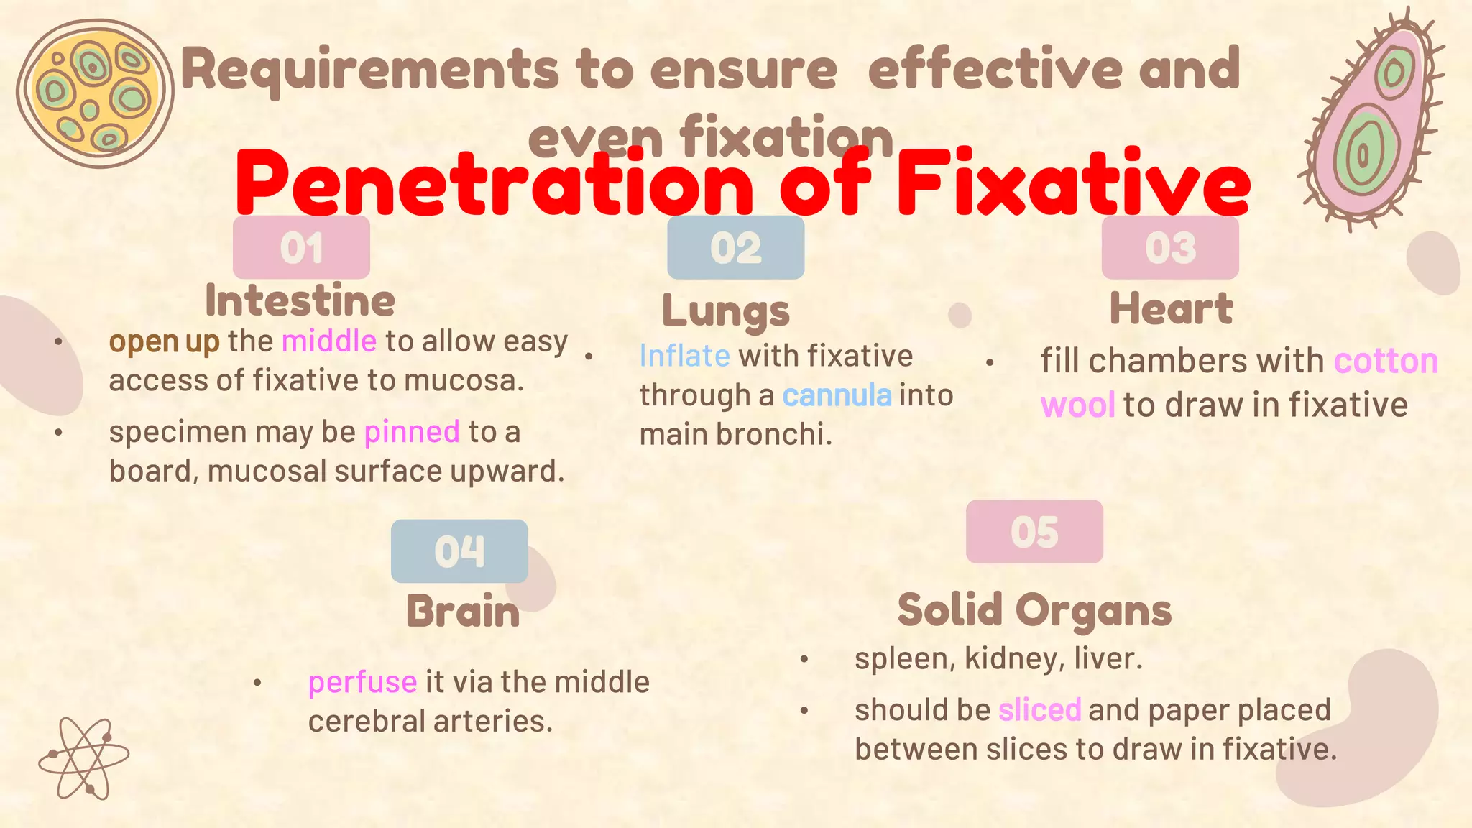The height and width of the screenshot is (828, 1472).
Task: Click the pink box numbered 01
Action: (x=301, y=247)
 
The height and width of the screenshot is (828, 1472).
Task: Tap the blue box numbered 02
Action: (x=735, y=247)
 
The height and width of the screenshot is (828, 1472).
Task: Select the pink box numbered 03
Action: (x=1170, y=247)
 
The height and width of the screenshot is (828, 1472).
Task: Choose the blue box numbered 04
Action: (x=459, y=551)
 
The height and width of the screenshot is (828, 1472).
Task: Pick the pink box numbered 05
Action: (x=1034, y=532)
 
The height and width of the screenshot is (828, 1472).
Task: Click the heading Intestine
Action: (x=300, y=300)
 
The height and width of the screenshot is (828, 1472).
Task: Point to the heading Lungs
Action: (x=725, y=310)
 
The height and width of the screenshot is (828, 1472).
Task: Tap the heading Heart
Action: (x=1171, y=308)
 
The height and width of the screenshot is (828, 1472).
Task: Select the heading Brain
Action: (x=463, y=612)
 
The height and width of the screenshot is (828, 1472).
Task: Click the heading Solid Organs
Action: (x=1034, y=610)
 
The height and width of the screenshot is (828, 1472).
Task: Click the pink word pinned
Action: (x=412, y=432)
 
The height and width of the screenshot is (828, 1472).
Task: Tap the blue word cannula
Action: (x=837, y=395)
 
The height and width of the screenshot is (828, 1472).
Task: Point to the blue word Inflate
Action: (x=684, y=356)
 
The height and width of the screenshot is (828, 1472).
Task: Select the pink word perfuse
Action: (x=362, y=682)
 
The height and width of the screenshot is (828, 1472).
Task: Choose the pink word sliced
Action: (x=1039, y=710)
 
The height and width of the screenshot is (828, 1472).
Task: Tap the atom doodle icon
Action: (x=84, y=758)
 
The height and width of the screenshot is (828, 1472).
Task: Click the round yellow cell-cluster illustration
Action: (x=93, y=93)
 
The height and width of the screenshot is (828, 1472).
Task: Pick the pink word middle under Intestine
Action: (x=328, y=341)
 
